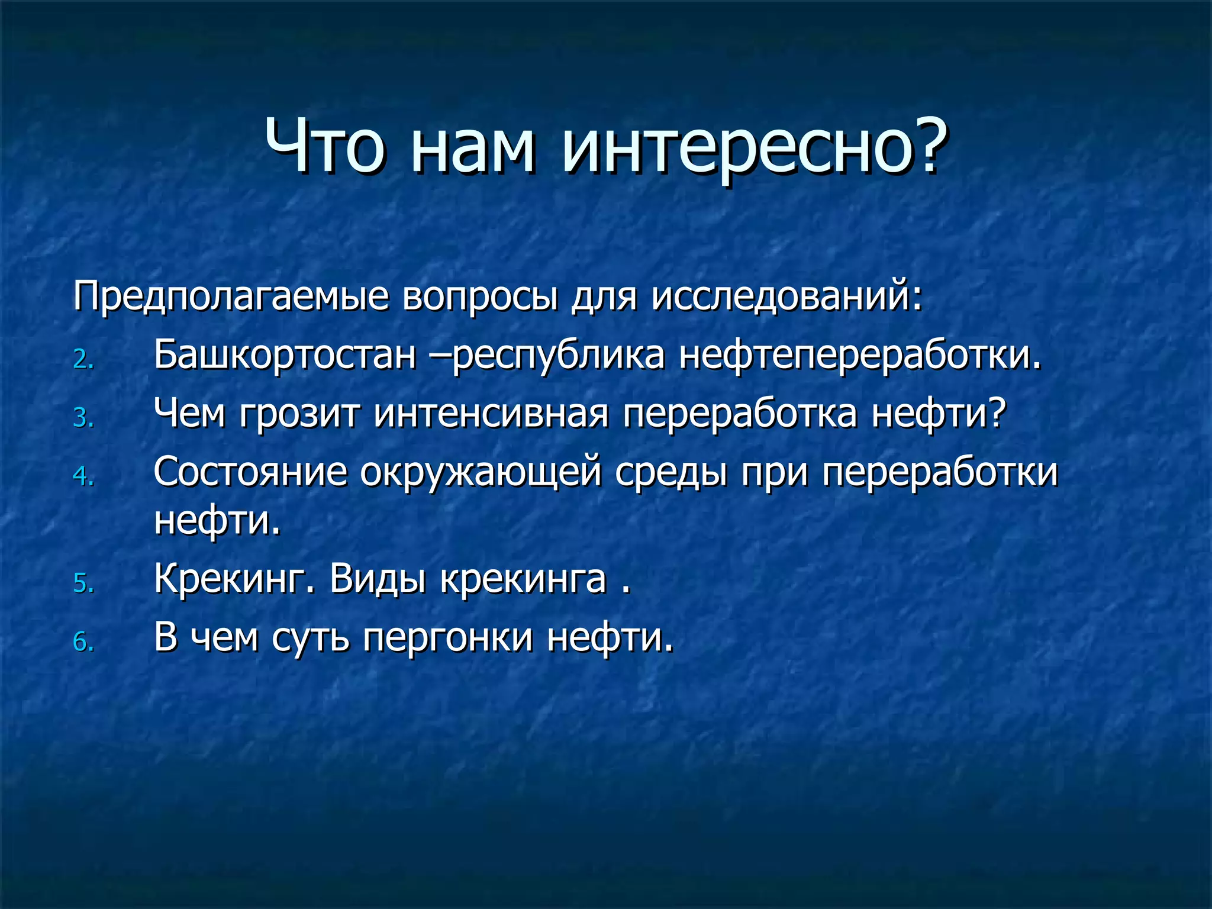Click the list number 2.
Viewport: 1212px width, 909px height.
[x=83, y=360]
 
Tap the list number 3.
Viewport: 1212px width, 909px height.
[x=83, y=418]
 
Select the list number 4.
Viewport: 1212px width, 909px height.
[x=83, y=476]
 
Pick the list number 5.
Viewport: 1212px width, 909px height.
[x=83, y=584]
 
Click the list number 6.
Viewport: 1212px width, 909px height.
[x=83, y=642]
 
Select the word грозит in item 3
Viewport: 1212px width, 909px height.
[x=299, y=414]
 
